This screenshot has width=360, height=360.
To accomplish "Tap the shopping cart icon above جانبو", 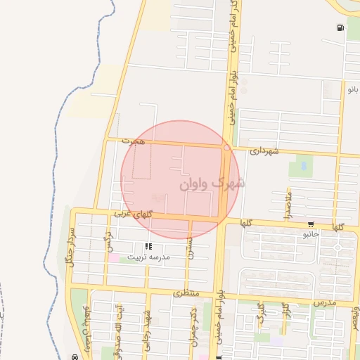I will click(311, 224).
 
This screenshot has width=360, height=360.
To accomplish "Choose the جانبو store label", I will click(311, 234).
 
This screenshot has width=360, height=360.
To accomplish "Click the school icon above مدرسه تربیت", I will click(148, 246).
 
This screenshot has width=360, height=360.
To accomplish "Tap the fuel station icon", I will click(341, 28).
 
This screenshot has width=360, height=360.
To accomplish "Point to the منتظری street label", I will click(186, 291).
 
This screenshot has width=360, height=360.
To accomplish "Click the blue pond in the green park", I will click(303, 167).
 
